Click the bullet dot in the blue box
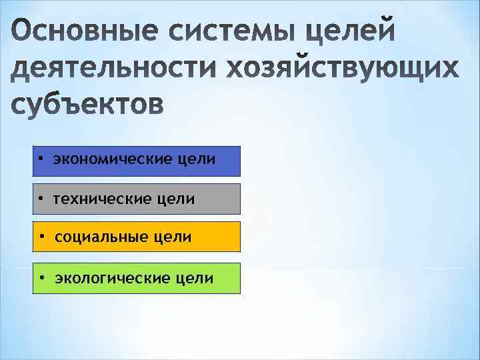click(x=41, y=161)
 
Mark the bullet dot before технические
click(x=41, y=199)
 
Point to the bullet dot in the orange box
click(x=43, y=237)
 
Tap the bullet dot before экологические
click(x=41, y=277)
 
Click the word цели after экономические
click(x=197, y=161)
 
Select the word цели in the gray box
click(x=177, y=199)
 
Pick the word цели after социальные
click(x=174, y=237)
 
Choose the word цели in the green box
click(x=195, y=277)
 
